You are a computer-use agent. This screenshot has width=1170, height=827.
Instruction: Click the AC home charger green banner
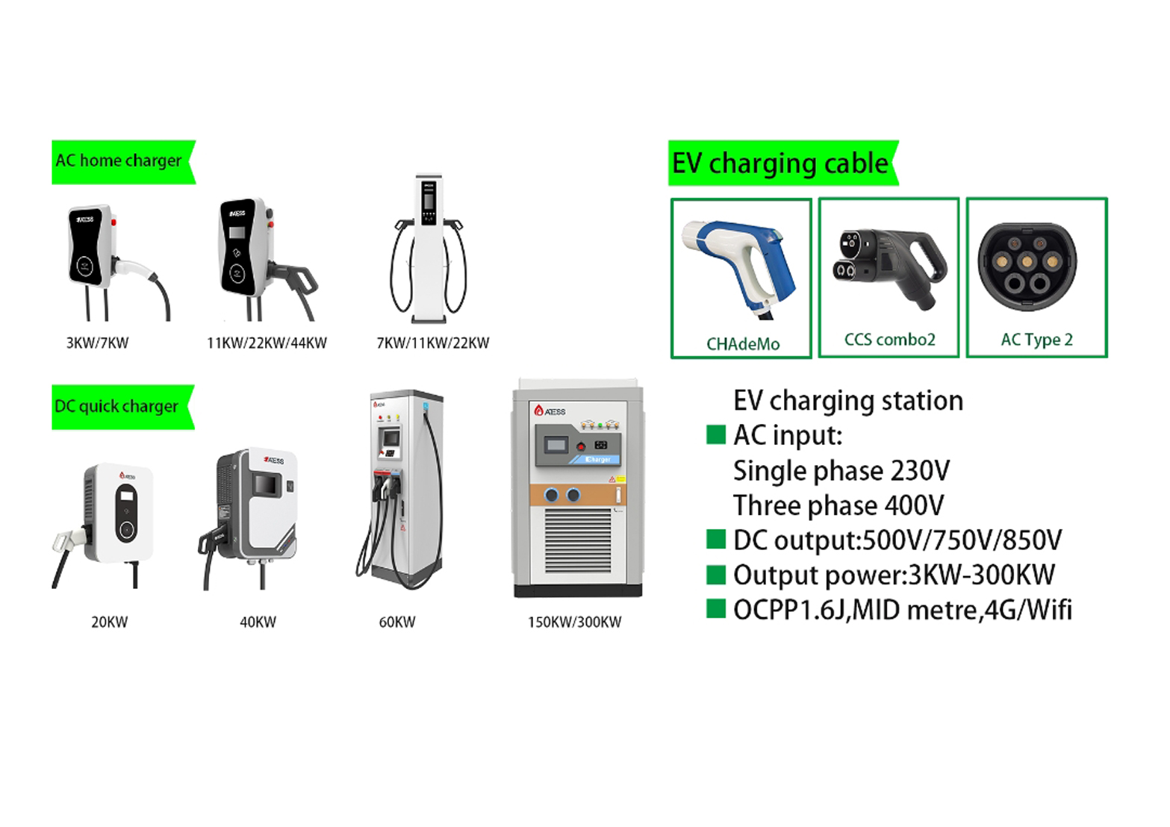tap(123, 162)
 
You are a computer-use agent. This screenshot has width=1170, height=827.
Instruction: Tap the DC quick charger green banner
tap(122, 408)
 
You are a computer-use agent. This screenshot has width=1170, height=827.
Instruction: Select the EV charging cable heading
tap(783, 163)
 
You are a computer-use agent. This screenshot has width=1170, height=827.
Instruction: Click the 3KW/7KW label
tap(97, 343)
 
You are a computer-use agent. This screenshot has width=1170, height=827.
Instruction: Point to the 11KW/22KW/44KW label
tap(267, 343)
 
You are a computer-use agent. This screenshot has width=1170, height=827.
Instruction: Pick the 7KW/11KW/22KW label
tap(433, 343)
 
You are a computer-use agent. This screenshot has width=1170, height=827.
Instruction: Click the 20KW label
tap(110, 622)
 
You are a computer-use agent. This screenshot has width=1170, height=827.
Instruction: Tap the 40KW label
tap(258, 622)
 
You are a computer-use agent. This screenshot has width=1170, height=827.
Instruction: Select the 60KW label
tap(397, 622)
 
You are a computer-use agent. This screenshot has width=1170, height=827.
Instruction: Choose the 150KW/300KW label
tap(575, 622)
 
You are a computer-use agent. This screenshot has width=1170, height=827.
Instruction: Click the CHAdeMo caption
tap(743, 344)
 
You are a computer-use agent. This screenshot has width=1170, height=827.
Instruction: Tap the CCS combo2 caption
tap(890, 340)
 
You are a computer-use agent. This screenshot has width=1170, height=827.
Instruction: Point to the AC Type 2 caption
tap(1037, 340)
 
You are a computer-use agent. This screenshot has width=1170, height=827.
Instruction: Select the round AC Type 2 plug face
tap(1027, 266)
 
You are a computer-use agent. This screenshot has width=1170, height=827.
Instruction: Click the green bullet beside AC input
tap(715, 435)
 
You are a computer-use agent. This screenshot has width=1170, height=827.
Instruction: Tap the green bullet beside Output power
tap(715, 574)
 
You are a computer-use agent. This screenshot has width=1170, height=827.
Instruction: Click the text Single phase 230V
tap(841, 470)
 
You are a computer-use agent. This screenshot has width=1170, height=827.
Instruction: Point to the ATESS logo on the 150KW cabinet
tap(550, 411)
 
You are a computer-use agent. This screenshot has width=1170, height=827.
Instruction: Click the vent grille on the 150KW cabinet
tap(578, 541)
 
